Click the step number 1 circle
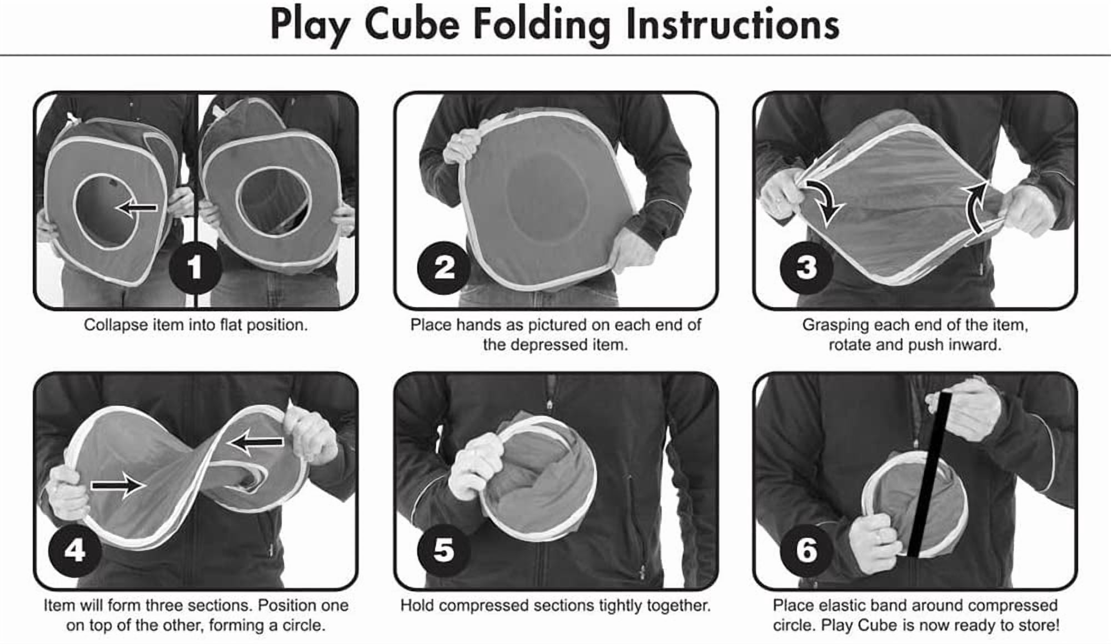(195, 268)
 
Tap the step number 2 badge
(443, 268)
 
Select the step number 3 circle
(806, 267)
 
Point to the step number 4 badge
(74, 550)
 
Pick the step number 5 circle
(443, 550)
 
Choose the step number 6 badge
(806, 550)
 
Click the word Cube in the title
(412, 24)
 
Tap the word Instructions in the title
(732, 24)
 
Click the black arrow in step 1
(137, 208)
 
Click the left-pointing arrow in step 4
(256, 442)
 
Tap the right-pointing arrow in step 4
(118, 486)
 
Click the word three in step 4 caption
(214, 605)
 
